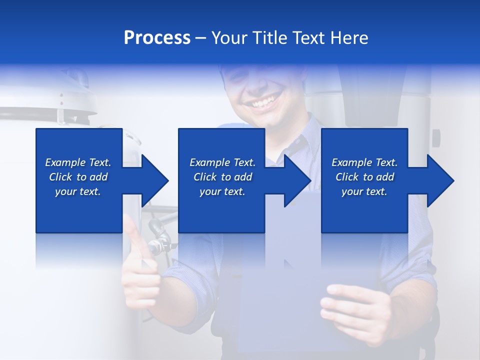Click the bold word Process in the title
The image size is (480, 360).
click(x=157, y=38)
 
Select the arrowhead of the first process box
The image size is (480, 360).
click(x=154, y=180)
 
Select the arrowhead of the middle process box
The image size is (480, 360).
click(x=297, y=180)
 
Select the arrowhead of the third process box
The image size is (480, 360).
click(x=440, y=180)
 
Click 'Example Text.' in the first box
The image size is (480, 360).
click(x=78, y=162)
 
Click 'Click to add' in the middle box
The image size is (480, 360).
click(x=222, y=177)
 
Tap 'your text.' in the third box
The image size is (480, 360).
click(x=364, y=191)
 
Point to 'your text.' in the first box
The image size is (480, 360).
click(x=78, y=191)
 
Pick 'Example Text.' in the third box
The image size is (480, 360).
click(x=364, y=162)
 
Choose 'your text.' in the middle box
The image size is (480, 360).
click(x=222, y=191)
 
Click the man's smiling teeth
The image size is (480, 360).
click(x=263, y=103)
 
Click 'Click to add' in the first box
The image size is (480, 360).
click(x=78, y=177)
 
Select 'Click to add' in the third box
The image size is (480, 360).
click(x=364, y=177)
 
